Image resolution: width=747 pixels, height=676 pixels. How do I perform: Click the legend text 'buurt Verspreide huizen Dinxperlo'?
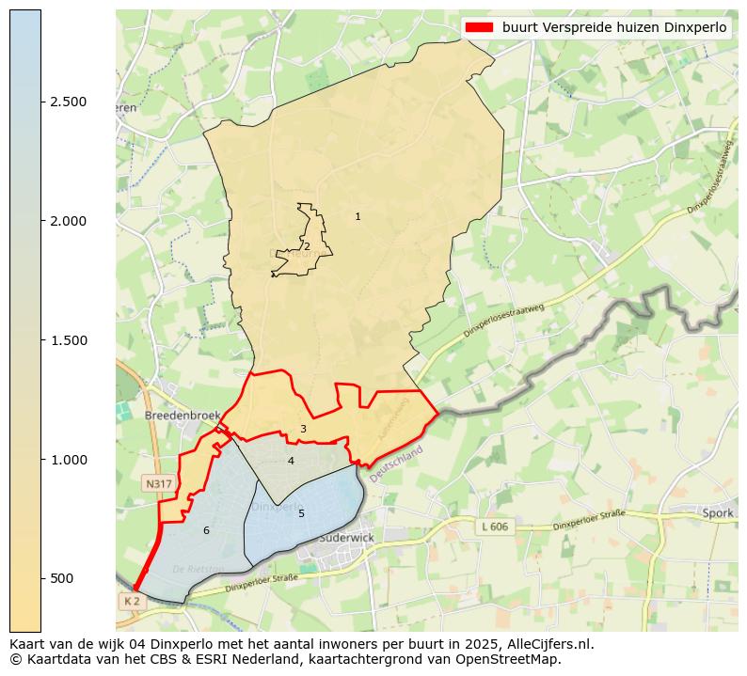(x=614, y=28)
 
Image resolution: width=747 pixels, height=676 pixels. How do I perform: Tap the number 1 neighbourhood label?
(x=358, y=217)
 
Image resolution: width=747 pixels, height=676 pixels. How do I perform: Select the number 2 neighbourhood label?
(x=307, y=246)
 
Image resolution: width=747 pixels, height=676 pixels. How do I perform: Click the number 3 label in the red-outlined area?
(x=303, y=429)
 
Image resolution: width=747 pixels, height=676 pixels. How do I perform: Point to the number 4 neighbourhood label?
(x=291, y=461)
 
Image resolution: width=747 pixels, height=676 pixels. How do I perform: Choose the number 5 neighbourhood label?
(x=301, y=513)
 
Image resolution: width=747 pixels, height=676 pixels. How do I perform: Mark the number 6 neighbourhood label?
(x=206, y=530)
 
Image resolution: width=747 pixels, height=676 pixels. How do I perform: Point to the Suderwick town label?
(x=346, y=538)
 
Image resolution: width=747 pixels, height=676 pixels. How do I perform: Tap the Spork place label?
(x=717, y=513)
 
